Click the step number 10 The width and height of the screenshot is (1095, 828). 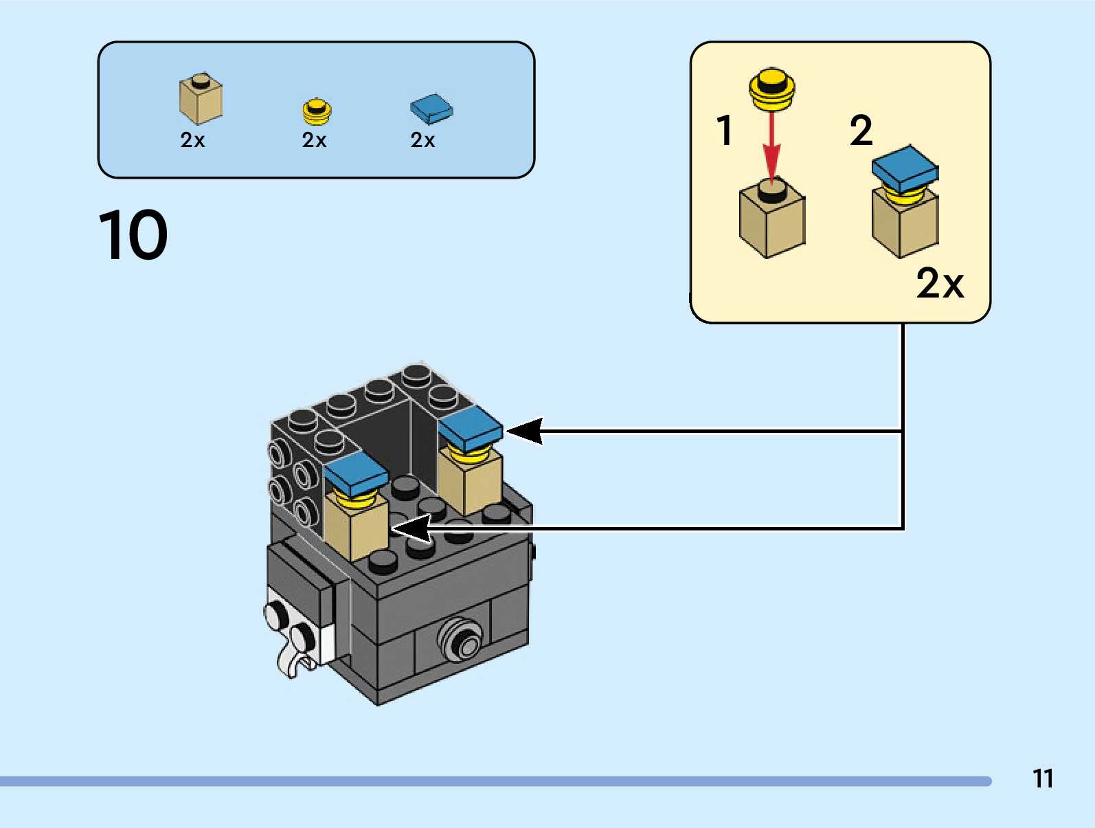(133, 236)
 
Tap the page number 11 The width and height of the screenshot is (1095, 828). (1043, 779)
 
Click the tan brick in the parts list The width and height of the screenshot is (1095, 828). (201, 100)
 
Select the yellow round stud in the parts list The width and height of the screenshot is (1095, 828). (317, 111)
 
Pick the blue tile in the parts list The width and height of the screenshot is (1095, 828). (431, 109)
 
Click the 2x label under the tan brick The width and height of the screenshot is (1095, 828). (192, 140)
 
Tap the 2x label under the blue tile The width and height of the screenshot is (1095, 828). (422, 140)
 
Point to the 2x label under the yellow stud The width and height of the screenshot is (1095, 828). (314, 140)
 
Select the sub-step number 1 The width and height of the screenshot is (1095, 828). (725, 131)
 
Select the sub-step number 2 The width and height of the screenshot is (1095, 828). (861, 131)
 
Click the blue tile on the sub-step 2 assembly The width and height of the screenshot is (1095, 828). (904, 167)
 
